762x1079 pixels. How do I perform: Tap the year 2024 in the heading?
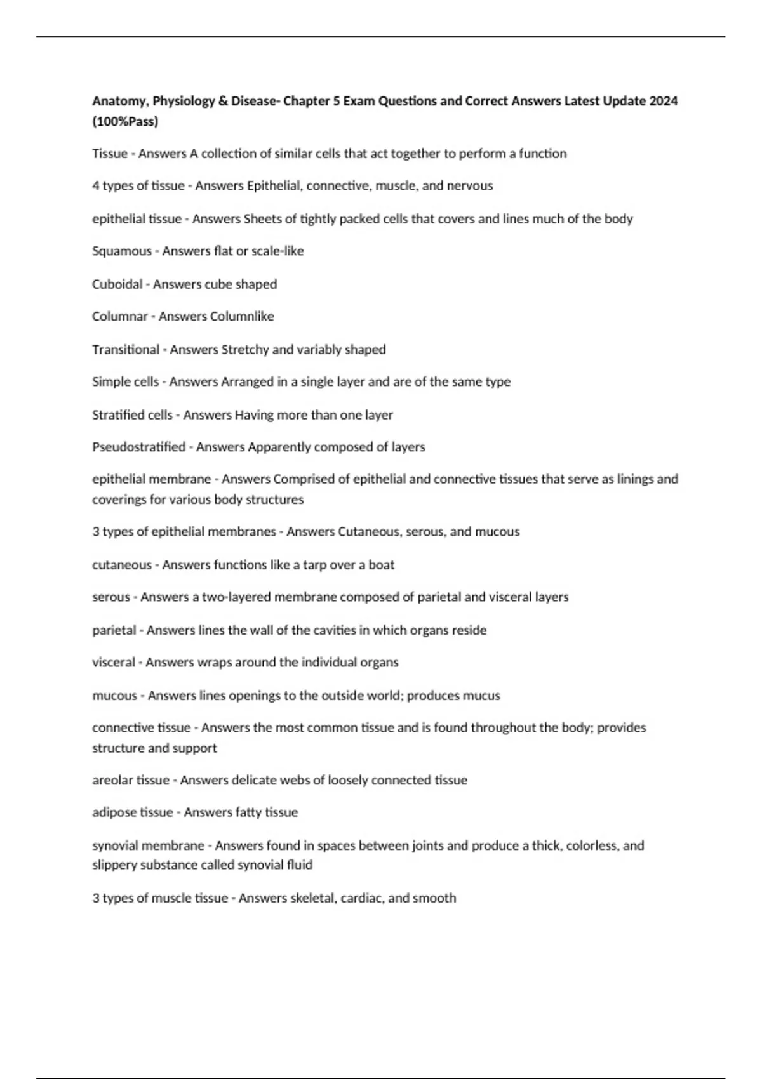663,101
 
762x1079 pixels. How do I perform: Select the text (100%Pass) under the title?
125,121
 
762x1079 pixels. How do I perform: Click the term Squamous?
121,251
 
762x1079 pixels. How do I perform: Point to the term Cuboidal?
117,284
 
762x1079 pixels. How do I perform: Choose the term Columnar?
119,316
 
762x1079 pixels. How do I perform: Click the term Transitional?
126,350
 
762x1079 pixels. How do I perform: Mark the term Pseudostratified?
138,447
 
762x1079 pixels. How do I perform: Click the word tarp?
314,565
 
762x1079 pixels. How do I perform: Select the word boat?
382,565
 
